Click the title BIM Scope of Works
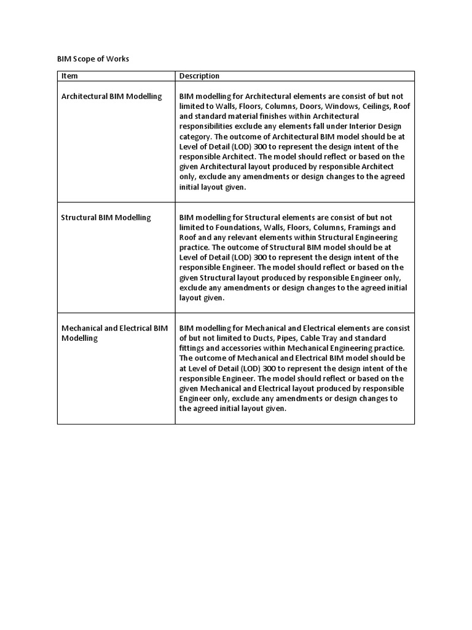coord(93,59)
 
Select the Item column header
coord(69,76)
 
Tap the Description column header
coord(199,76)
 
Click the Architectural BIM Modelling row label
coord(111,97)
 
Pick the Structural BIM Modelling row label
coord(106,218)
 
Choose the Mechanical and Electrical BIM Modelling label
coord(114,333)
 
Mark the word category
coord(196,137)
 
